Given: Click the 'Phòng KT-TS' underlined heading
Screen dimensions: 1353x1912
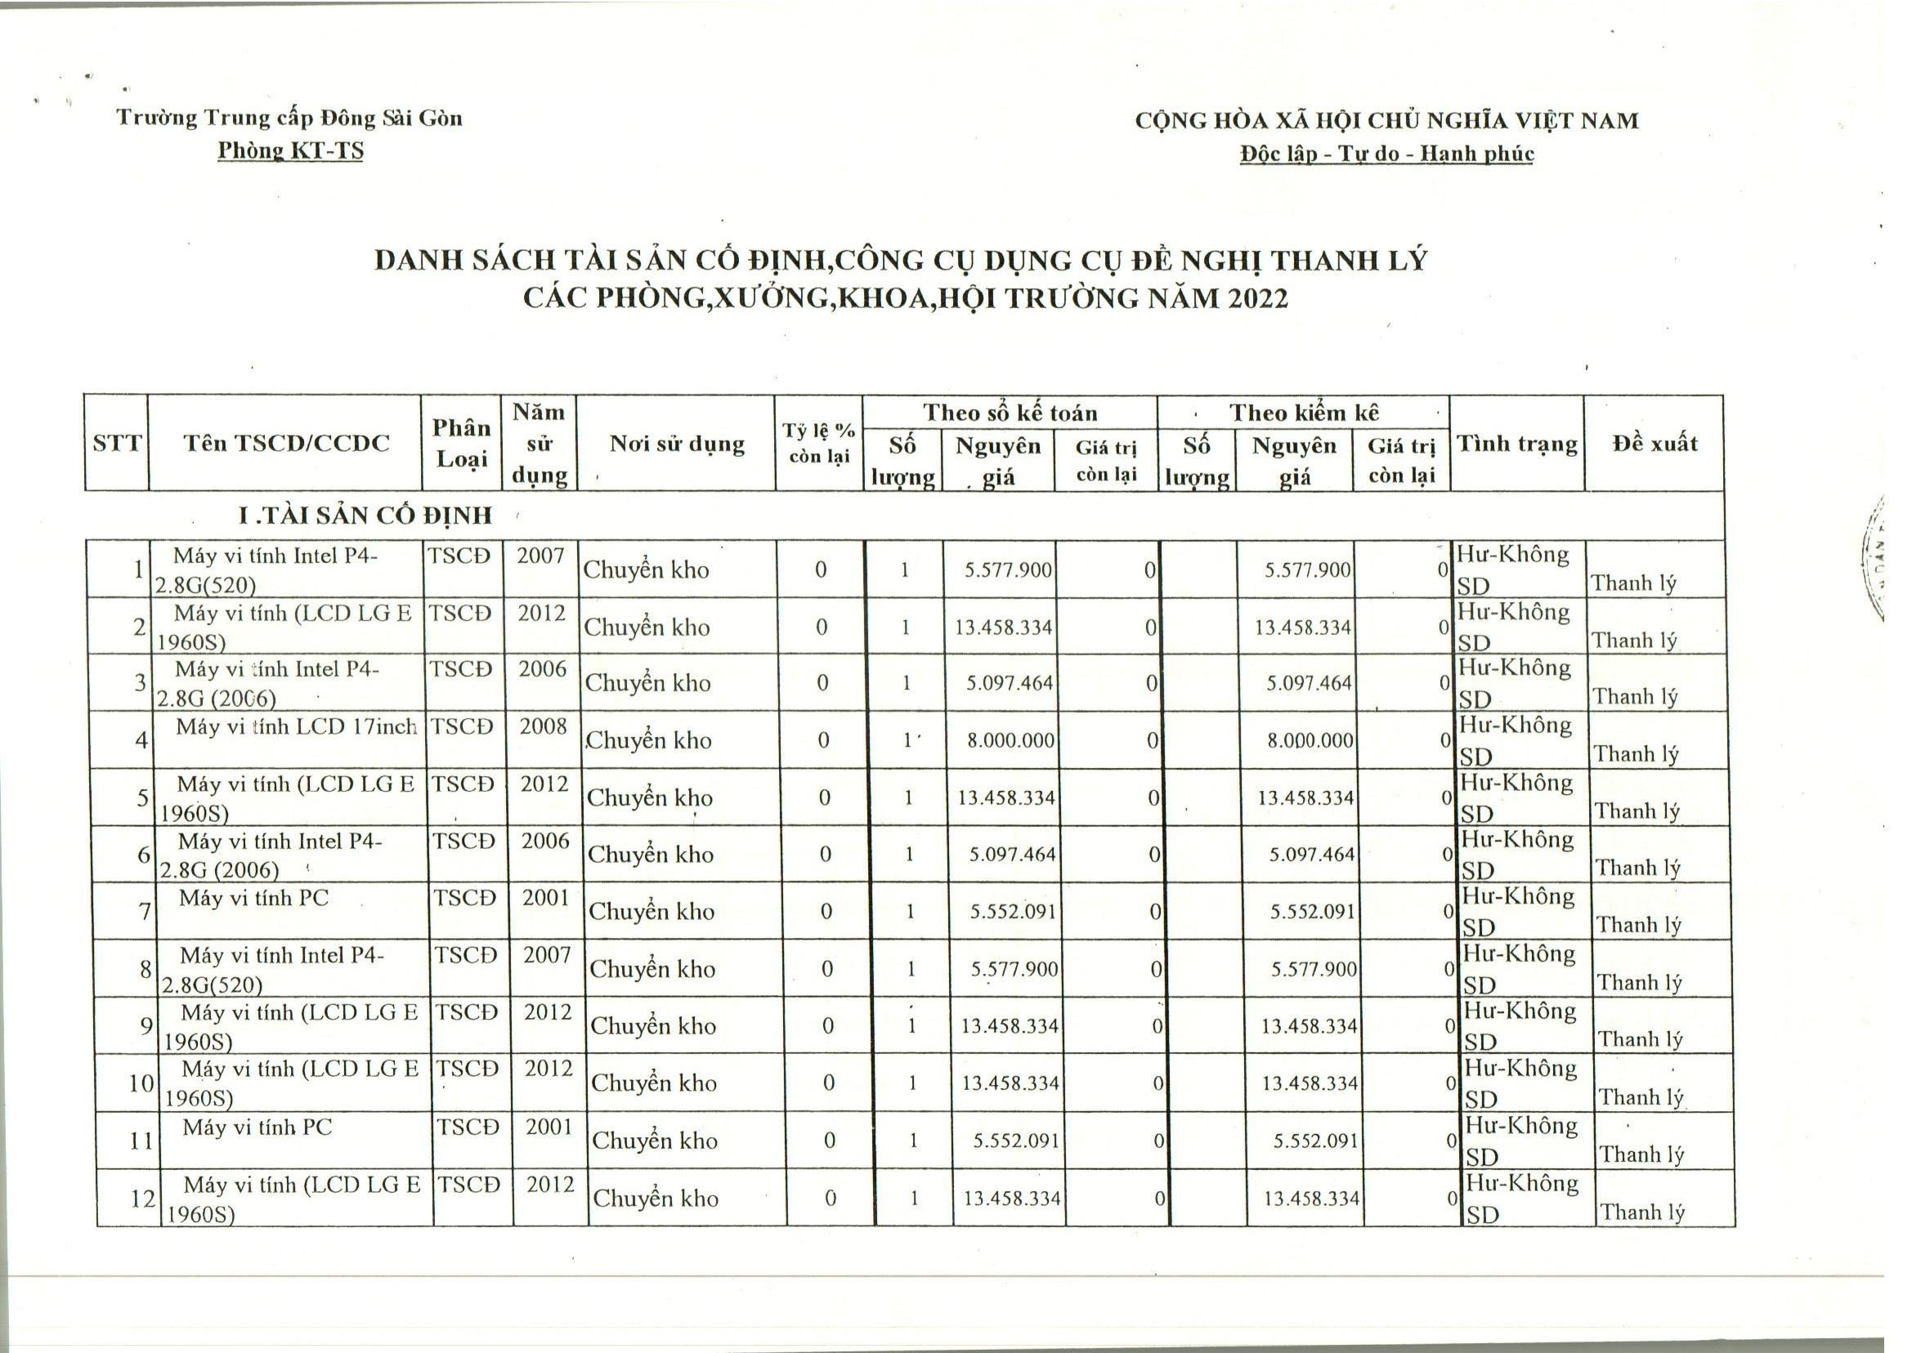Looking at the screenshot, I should (x=290, y=151).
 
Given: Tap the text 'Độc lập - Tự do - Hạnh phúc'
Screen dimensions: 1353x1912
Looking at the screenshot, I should (x=1386, y=154).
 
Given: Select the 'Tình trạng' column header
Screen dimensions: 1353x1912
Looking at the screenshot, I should (x=1516, y=443).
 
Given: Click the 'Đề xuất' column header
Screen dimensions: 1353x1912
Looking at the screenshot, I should (x=1655, y=443).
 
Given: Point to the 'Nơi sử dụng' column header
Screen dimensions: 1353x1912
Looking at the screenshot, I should (x=677, y=443).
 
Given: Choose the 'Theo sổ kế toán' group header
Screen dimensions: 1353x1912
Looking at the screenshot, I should (x=1010, y=413).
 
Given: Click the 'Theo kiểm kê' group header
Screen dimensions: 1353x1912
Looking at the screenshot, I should (x=1304, y=413).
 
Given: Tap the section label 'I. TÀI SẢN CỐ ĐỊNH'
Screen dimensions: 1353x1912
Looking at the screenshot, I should (x=365, y=516).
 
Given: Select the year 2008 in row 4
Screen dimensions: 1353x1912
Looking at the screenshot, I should (x=543, y=726).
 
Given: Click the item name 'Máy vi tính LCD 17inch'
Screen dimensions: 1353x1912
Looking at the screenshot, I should (x=296, y=727).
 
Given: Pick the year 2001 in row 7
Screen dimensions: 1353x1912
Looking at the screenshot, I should (x=546, y=898).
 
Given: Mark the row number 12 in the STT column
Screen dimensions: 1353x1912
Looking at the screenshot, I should (x=142, y=1198).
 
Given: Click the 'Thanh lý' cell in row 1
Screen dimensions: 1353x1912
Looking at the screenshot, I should (x=1632, y=583).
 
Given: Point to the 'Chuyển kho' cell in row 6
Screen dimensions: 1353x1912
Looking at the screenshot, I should (x=650, y=855).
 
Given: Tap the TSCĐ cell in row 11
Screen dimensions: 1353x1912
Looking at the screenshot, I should (x=468, y=1127).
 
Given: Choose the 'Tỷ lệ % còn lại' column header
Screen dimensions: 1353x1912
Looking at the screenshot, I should (x=818, y=443).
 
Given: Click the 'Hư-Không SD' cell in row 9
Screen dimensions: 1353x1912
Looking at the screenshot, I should (x=1519, y=1025).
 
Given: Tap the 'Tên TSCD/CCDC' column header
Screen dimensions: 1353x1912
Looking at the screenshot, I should (x=286, y=443).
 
